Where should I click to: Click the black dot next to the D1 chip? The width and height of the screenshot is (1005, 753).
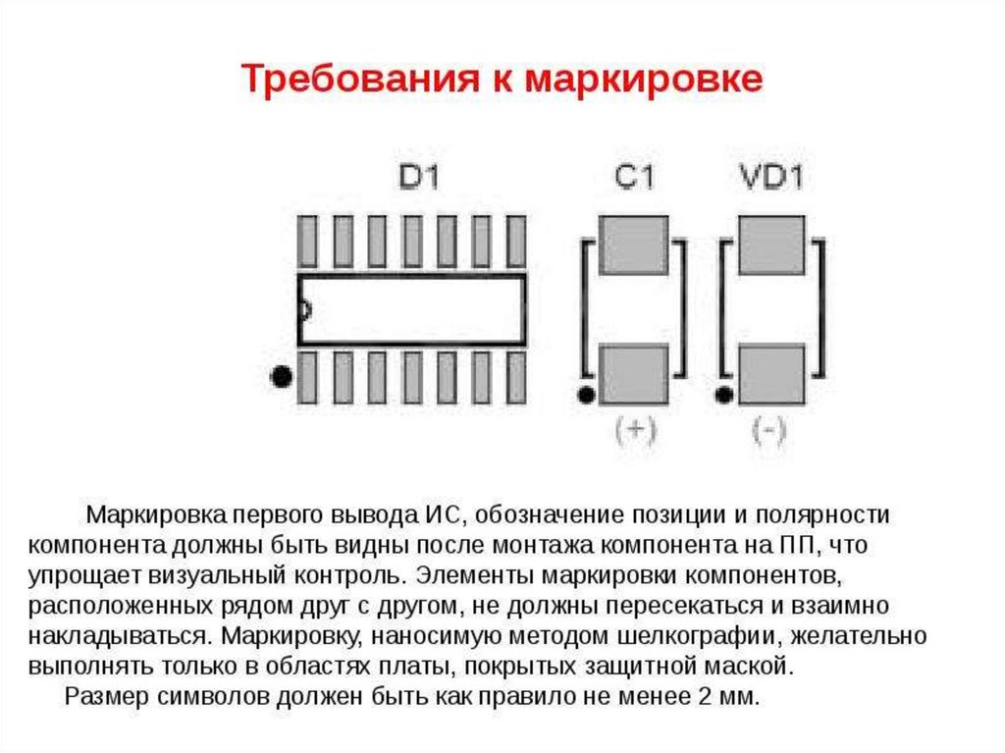(x=282, y=377)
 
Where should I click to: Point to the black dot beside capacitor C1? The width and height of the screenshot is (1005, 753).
(x=586, y=396)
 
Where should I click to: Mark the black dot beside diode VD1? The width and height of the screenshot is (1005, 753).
(x=724, y=396)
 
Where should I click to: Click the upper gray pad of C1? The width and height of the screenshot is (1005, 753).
(x=633, y=245)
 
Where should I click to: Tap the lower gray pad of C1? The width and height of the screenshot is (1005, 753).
(x=633, y=374)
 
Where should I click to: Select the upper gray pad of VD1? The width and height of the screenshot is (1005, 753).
(x=770, y=245)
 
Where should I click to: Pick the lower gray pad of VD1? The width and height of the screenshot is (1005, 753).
(x=770, y=374)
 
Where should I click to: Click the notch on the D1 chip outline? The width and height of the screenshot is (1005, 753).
(x=303, y=310)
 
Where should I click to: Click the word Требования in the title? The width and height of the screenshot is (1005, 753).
(x=357, y=80)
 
